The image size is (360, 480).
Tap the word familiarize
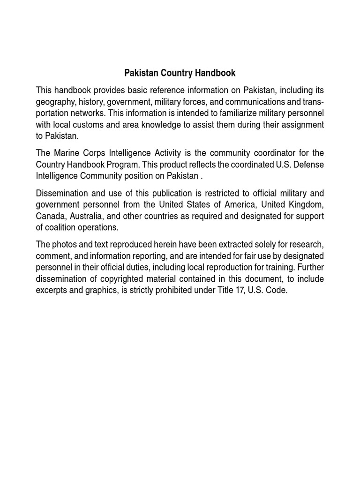[233, 113]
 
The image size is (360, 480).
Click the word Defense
[307, 165]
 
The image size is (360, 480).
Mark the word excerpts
[53, 291]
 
